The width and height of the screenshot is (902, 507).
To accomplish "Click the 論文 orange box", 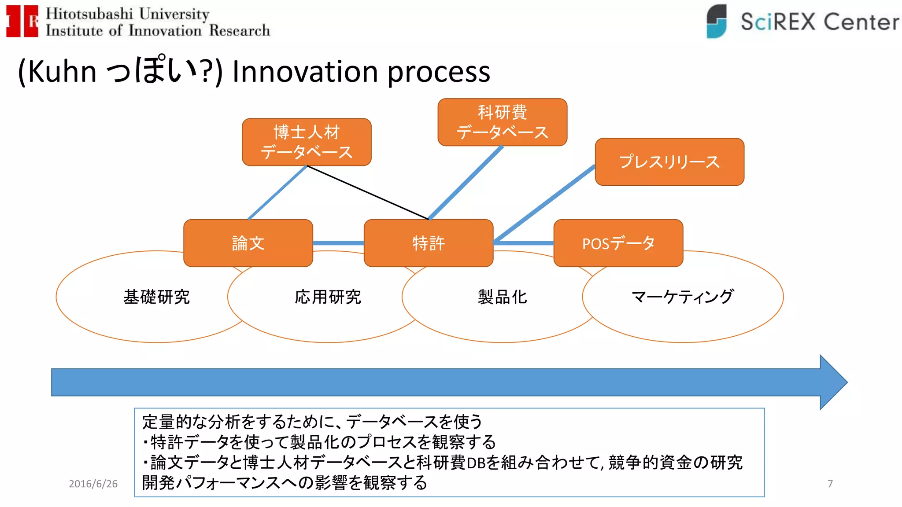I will (x=248, y=243).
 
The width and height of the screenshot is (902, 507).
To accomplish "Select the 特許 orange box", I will (x=429, y=243).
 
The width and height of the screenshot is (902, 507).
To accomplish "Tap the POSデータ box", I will (x=618, y=243).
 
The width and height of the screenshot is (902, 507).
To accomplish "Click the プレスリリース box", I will (x=669, y=162).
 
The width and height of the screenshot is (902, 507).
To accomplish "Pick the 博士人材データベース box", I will (x=307, y=142).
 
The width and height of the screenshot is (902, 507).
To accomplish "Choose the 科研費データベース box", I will (x=502, y=122).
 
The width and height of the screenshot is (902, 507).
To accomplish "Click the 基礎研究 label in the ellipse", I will (x=156, y=297).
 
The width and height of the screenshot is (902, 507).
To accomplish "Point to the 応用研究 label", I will (x=328, y=297).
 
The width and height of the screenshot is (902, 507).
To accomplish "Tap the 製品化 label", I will (x=502, y=297).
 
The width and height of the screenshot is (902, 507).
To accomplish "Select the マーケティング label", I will (x=682, y=297).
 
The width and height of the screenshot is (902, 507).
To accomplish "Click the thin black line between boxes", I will (x=368, y=192).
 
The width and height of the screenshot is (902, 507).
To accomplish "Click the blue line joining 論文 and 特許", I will (x=338, y=243).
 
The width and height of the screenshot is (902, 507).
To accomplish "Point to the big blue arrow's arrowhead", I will (x=832, y=382).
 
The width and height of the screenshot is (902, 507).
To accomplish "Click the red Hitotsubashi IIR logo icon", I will (x=22, y=21).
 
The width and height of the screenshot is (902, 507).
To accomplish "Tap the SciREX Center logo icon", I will (x=717, y=21).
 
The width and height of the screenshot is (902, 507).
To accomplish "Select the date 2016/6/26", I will (x=93, y=484).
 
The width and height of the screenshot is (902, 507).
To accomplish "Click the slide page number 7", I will (x=830, y=484).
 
